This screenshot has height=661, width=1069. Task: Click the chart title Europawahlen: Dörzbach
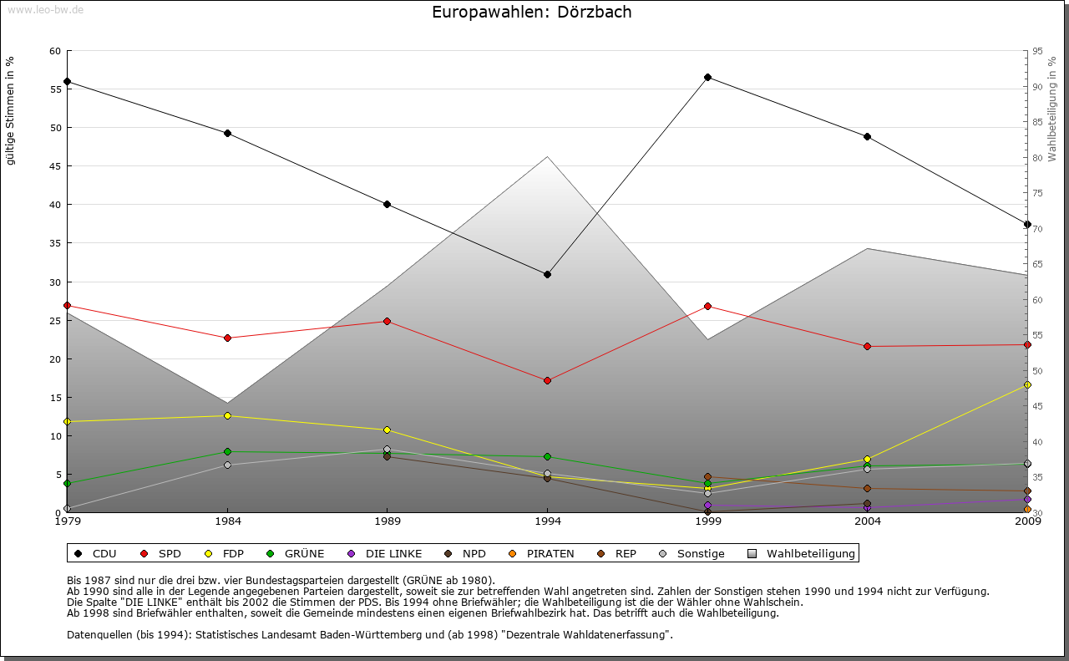tap(532, 13)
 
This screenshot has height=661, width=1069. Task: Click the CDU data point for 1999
tap(707, 77)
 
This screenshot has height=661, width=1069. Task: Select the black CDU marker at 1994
tap(547, 274)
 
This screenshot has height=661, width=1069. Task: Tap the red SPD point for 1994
tap(547, 380)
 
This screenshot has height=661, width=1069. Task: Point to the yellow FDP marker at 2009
tap(1027, 384)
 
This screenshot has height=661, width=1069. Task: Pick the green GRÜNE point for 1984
tap(227, 451)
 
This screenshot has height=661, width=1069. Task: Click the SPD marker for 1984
tap(227, 338)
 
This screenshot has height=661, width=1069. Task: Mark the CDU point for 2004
tap(867, 136)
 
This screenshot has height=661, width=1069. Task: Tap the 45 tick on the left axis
tap(55, 166)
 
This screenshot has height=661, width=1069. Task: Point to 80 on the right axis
tap(1036, 158)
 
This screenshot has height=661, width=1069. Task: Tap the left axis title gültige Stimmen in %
tap(11, 110)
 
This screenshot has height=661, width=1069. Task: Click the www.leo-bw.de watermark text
tap(44, 9)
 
